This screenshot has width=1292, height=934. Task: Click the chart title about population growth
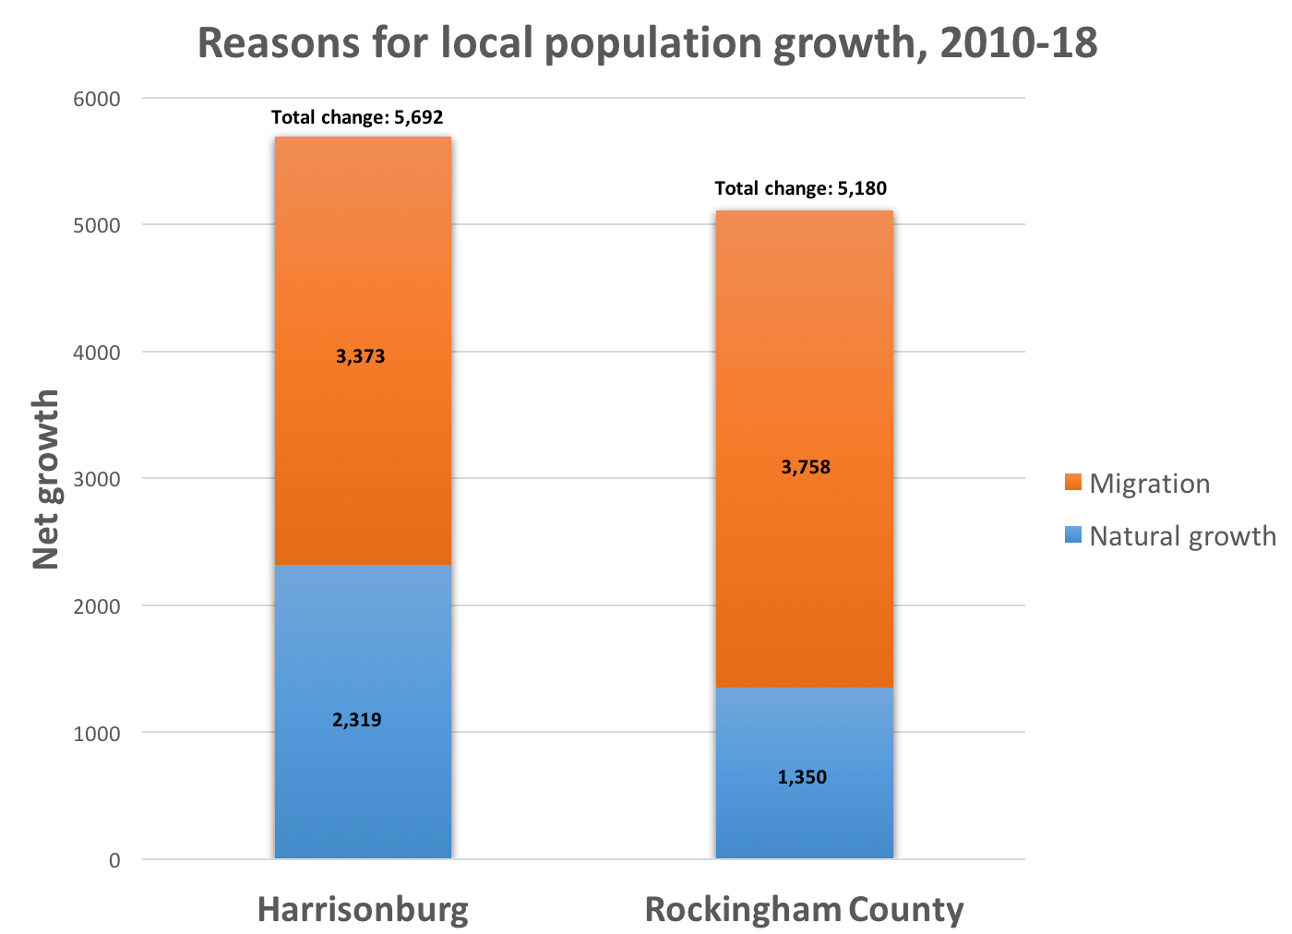(x=647, y=43)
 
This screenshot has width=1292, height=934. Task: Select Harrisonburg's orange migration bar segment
(x=363, y=277)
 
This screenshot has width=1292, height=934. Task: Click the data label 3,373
(x=361, y=356)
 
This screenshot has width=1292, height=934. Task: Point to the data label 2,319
(x=357, y=720)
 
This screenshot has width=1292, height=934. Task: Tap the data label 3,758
(x=806, y=467)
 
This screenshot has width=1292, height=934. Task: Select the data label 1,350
(x=802, y=777)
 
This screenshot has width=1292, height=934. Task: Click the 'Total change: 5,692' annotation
(x=357, y=117)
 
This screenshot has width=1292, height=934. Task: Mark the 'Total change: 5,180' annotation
(x=800, y=189)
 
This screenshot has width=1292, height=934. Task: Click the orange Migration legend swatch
(x=1072, y=482)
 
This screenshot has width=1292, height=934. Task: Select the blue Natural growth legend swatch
(x=1072, y=534)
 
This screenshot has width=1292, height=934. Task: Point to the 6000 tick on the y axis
(x=97, y=99)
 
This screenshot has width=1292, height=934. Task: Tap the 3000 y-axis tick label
(x=97, y=479)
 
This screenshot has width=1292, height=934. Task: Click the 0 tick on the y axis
(x=114, y=860)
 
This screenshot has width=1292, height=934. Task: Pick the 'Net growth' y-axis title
(x=46, y=479)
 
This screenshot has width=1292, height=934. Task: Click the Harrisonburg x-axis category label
(x=363, y=909)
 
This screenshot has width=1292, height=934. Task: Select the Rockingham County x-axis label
(x=804, y=909)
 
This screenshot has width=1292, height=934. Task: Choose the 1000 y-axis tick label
(x=97, y=734)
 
